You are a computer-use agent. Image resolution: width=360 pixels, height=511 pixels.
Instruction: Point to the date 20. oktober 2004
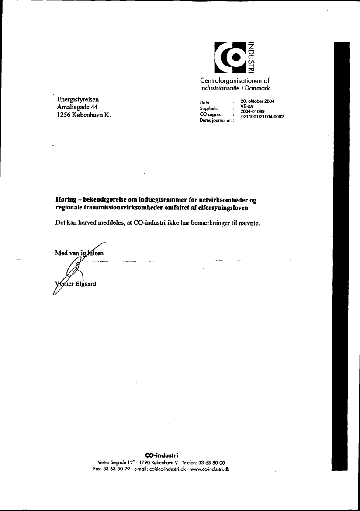[257, 101]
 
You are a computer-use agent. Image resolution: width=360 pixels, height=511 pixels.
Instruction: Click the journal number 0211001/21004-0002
[260, 116]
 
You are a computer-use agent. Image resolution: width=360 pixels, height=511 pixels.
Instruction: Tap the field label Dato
[204, 103]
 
